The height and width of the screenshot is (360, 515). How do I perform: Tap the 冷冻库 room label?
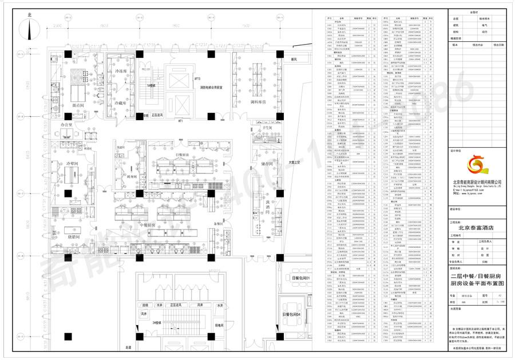[x=121, y=71]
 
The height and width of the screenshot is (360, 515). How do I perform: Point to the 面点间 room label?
[x=78, y=106]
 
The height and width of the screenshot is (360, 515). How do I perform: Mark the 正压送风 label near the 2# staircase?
[x=179, y=307]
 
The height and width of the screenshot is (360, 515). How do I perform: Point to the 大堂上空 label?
[x=295, y=163]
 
